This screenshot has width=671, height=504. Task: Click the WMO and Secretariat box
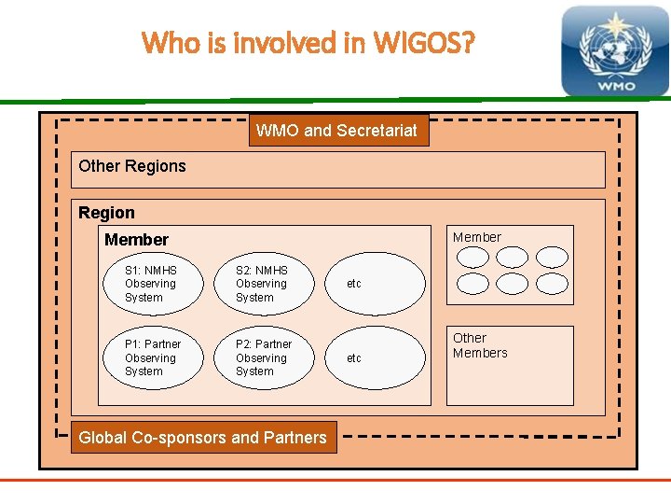336,131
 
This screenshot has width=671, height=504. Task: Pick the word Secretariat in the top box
376,131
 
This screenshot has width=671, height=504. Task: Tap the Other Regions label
132,166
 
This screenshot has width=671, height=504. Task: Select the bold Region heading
106,213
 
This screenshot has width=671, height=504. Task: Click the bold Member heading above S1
136,240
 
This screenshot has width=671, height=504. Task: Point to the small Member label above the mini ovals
476,237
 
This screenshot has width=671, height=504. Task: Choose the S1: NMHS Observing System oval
150,284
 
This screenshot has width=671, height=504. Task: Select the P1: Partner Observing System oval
150,357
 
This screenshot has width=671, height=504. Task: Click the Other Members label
480,345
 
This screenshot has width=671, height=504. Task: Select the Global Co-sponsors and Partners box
203,437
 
